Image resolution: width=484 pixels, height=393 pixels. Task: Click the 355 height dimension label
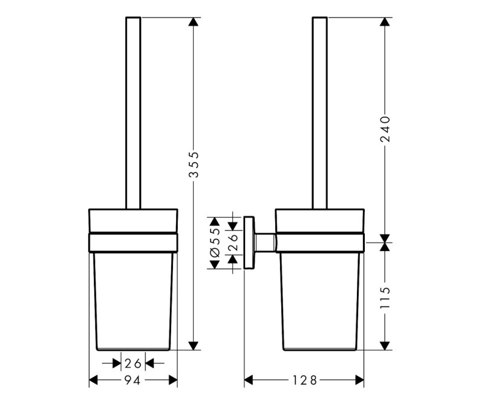click(x=194, y=164)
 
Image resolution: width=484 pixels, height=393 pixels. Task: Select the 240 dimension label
click(x=385, y=129)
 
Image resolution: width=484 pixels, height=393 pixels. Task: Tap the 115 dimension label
click(x=385, y=297)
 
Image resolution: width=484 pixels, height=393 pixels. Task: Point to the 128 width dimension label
click(x=304, y=380)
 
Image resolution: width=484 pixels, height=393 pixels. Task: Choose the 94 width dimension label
click(x=132, y=380)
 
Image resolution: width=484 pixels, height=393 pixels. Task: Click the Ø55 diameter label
click(x=215, y=242)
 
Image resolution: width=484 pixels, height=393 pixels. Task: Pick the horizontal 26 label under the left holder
click(x=133, y=363)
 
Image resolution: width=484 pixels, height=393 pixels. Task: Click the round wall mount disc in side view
click(x=249, y=242)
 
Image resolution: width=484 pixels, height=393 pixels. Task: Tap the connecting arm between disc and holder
click(x=265, y=242)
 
